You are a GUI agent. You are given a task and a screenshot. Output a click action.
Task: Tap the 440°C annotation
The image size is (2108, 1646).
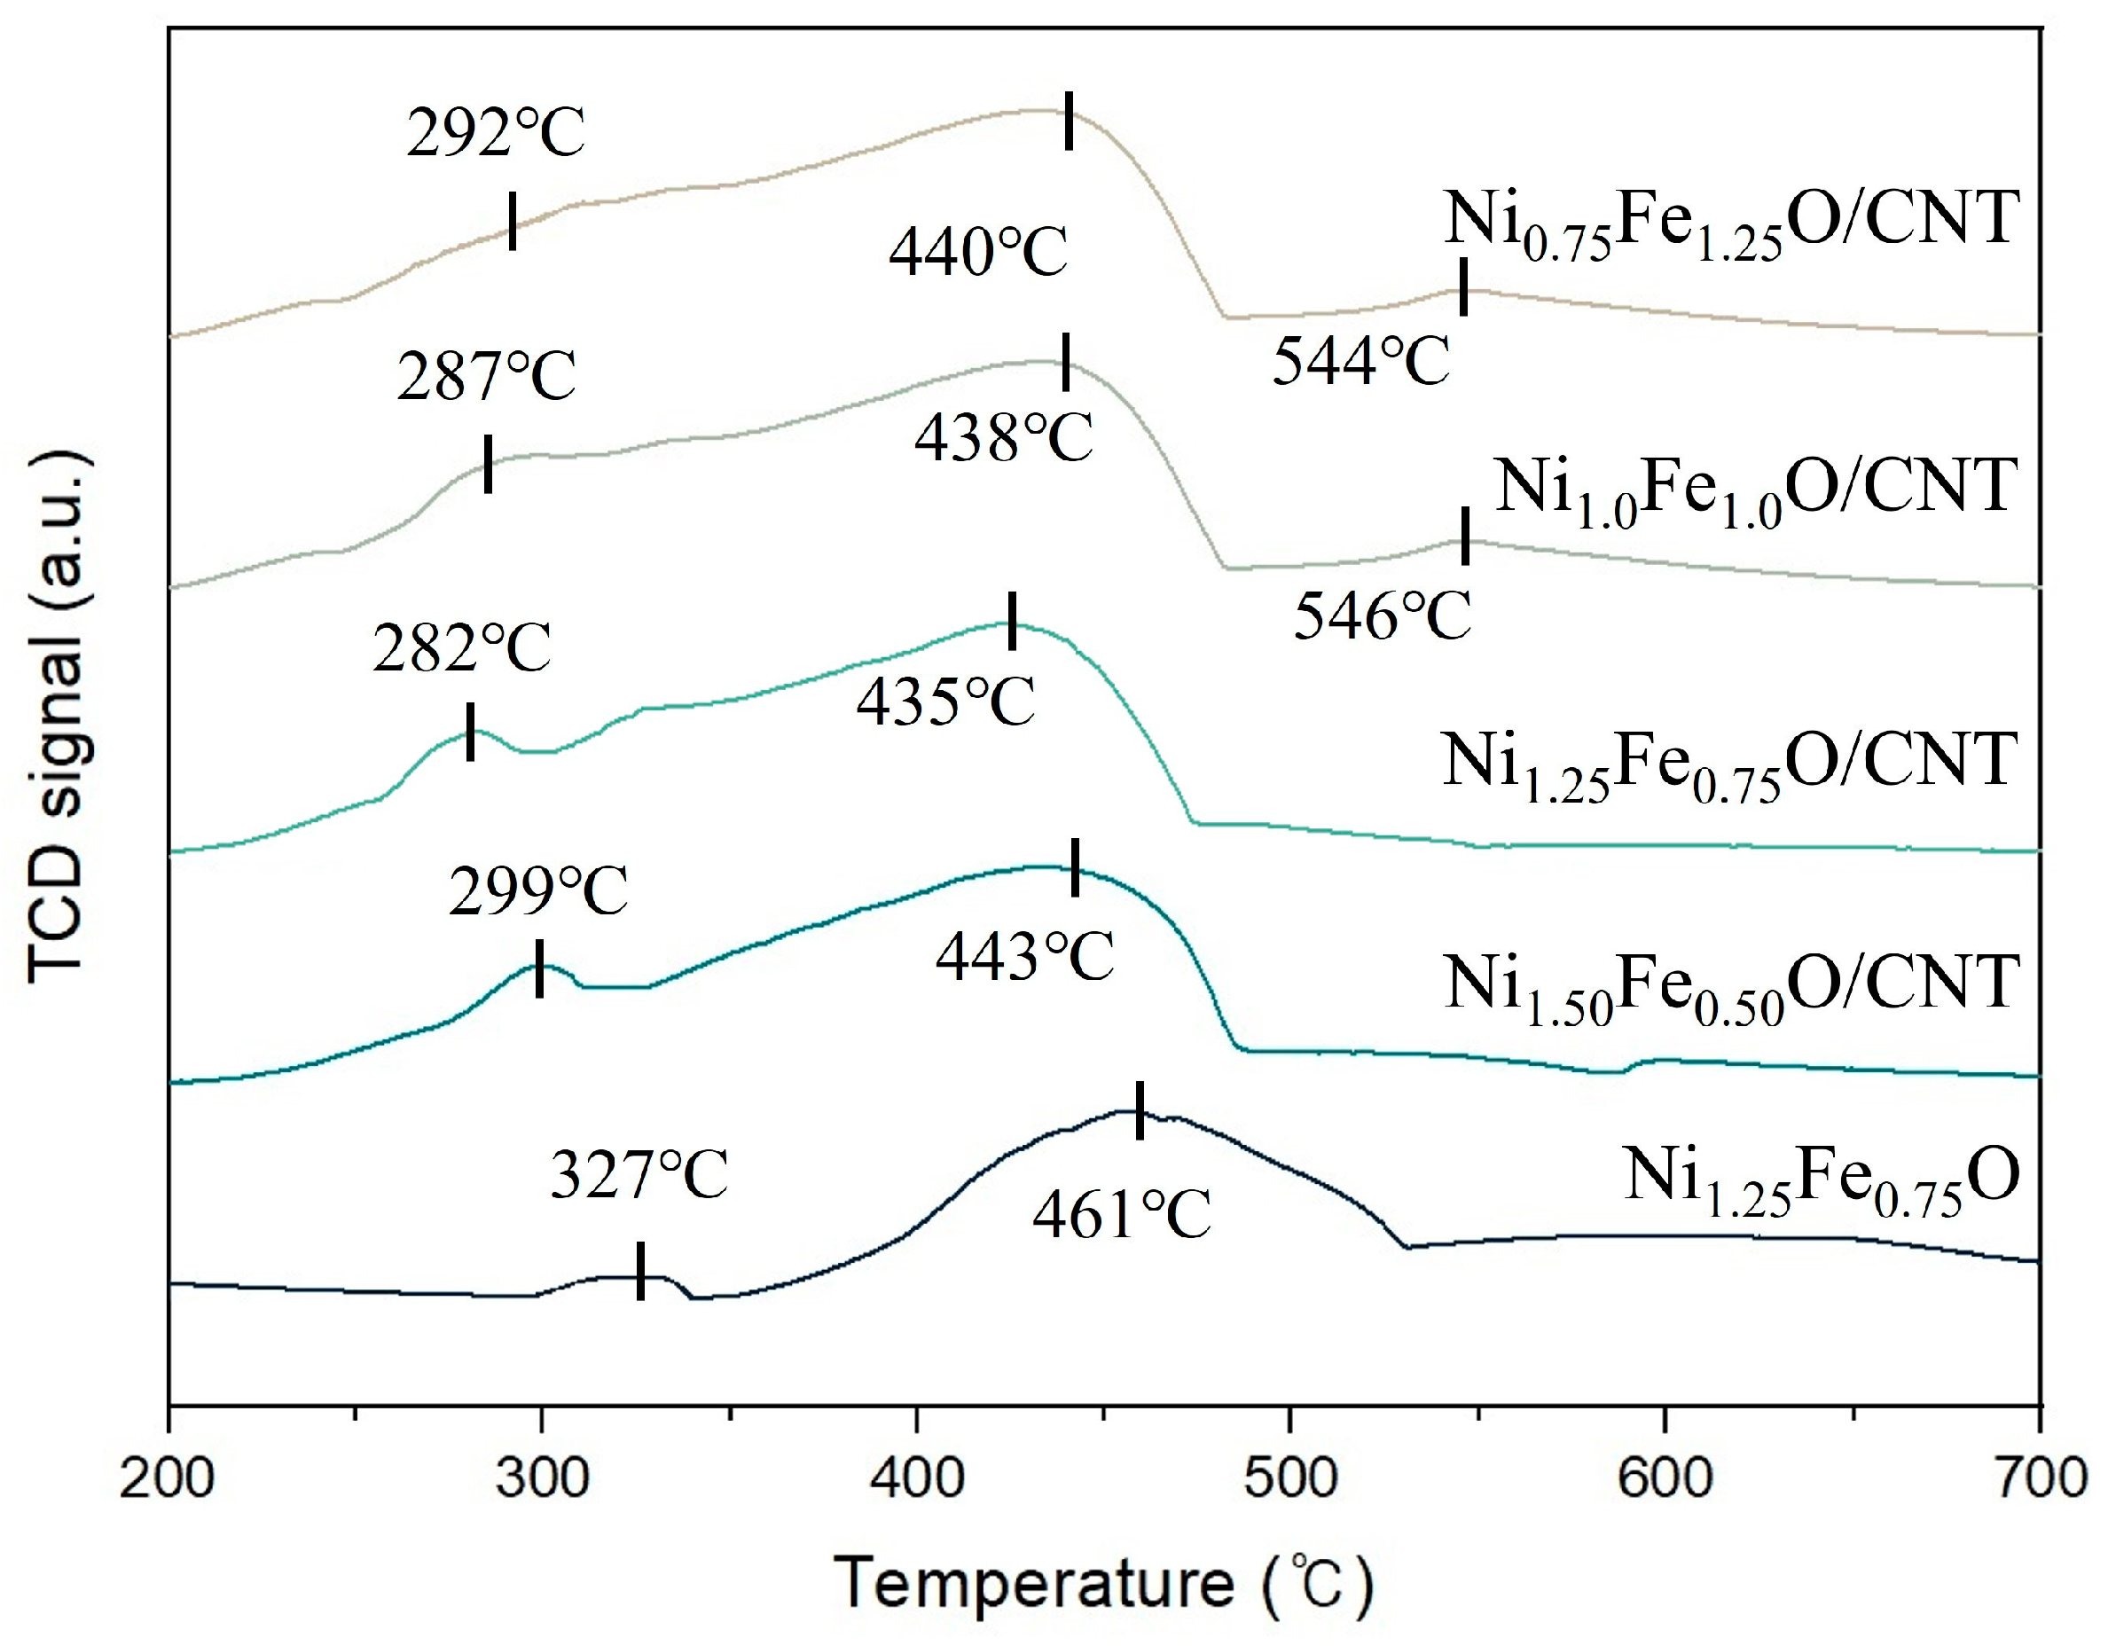tap(978, 252)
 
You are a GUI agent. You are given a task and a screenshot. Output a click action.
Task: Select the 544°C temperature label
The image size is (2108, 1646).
tap(1361, 362)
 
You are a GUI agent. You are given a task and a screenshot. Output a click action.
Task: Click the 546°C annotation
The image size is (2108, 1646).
tap(1383, 616)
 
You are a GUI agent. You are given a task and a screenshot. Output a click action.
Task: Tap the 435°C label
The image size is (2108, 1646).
tap(946, 701)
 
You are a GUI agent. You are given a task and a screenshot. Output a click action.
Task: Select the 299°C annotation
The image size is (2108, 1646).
tap(538, 891)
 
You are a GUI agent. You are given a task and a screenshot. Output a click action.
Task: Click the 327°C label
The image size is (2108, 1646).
tap(639, 1175)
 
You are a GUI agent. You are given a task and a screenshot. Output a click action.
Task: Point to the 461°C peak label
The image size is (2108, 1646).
tap(1122, 1214)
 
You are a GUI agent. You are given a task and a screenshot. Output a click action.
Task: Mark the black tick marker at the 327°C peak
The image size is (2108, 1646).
tap(641, 1271)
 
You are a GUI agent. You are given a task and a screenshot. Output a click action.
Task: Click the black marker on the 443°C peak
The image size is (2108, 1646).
tap(1075, 867)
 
